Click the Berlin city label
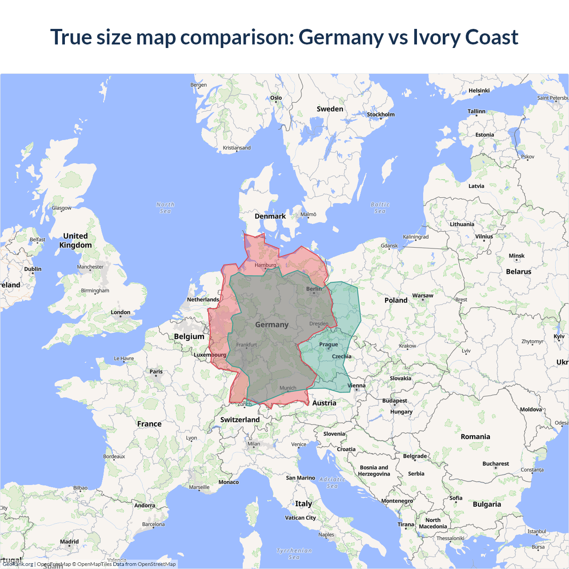[314, 289]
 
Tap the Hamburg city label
[265, 265]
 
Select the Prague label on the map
[329, 345]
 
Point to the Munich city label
[288, 388]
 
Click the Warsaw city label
[422, 296]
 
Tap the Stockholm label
[381, 114]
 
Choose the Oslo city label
[276, 98]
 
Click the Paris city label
[156, 372]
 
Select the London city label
[120, 313]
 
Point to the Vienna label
[357, 386]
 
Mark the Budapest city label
[395, 401]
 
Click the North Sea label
[165, 208]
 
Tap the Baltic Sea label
[380, 208]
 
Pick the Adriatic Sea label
[332, 483]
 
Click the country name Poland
[396, 301]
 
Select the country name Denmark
[270, 216]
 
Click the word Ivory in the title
[436, 37]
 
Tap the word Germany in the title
[341, 37]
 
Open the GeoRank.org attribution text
[18, 564]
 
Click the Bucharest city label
[496, 464]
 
